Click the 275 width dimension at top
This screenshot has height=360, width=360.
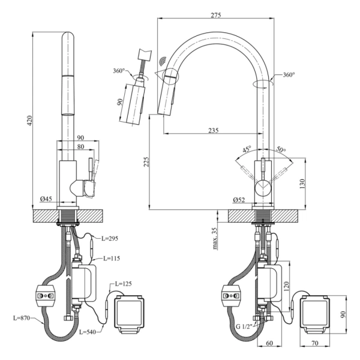[216, 15]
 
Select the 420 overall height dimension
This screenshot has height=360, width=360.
[29, 121]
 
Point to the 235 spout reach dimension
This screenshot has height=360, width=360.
[214, 130]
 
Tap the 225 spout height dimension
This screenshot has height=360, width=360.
[146, 162]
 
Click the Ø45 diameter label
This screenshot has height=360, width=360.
[46, 199]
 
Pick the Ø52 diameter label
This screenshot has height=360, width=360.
[239, 200]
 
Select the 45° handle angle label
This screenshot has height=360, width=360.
[247, 149]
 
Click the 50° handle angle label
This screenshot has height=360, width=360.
[281, 149]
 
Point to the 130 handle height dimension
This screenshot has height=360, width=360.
[302, 184]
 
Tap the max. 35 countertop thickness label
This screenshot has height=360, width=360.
[215, 238]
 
